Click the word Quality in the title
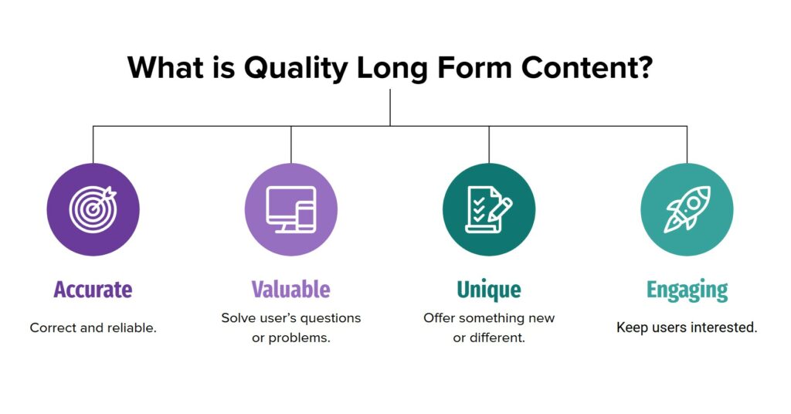[296, 69]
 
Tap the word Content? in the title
[587, 67]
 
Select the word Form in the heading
[474, 67]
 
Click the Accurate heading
[93, 290]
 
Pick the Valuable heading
[291, 290]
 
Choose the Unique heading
[489, 290]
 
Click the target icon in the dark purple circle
[93, 209]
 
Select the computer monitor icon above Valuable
[291, 209]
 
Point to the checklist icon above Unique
[488, 209]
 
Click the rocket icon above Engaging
[687, 209]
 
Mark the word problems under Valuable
[299, 338]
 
